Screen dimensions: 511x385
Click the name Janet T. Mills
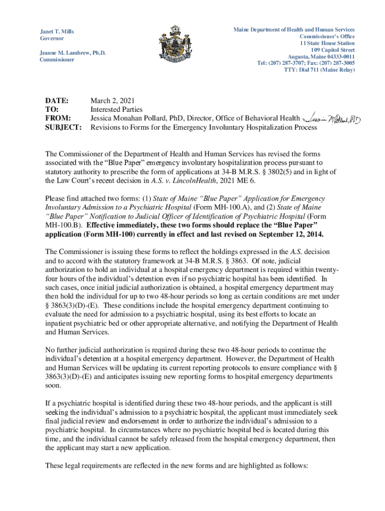click(x=57, y=31)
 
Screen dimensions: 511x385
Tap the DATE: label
click(x=56, y=100)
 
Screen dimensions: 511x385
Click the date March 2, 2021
click(x=112, y=100)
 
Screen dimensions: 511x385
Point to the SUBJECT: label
click(x=63, y=127)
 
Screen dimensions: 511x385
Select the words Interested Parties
click(x=116, y=109)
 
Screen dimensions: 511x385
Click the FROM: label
click(x=57, y=118)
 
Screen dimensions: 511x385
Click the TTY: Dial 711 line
click(x=319, y=70)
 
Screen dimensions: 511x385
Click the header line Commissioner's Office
click(x=327, y=36)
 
